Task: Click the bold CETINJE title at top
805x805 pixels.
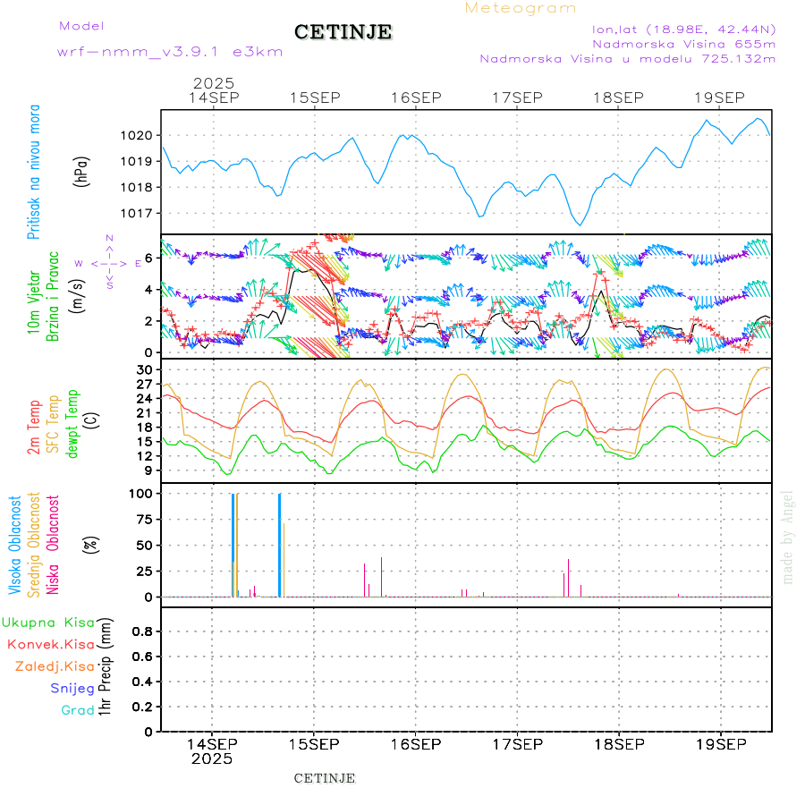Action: [343, 32]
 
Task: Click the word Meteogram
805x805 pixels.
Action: [521, 8]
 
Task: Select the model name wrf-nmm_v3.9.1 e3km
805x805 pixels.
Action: [170, 52]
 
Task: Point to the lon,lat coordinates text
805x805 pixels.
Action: [683, 29]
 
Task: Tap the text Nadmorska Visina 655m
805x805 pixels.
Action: [683, 43]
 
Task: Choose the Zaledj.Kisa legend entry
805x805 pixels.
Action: [55, 666]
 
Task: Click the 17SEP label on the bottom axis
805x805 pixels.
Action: [518, 744]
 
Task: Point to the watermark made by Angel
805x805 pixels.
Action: [788, 537]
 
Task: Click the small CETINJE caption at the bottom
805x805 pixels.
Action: [325, 778]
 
